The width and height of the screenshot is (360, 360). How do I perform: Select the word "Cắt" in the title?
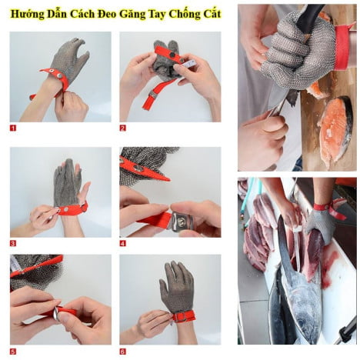(211, 14)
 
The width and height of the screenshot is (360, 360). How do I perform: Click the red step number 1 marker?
(13, 128)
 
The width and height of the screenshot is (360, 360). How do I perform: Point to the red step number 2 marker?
(123, 128)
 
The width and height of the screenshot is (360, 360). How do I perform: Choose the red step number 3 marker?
(13, 243)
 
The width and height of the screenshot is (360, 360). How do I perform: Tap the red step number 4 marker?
(123, 243)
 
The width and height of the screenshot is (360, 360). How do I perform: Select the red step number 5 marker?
(13, 352)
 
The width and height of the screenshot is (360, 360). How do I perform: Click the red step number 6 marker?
(123, 352)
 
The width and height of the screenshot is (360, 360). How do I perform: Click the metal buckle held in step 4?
(182, 221)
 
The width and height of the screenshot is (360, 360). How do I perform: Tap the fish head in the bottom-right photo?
(302, 308)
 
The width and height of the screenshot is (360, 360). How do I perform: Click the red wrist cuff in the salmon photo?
(342, 48)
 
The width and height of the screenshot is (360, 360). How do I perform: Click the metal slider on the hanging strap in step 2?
(153, 95)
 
